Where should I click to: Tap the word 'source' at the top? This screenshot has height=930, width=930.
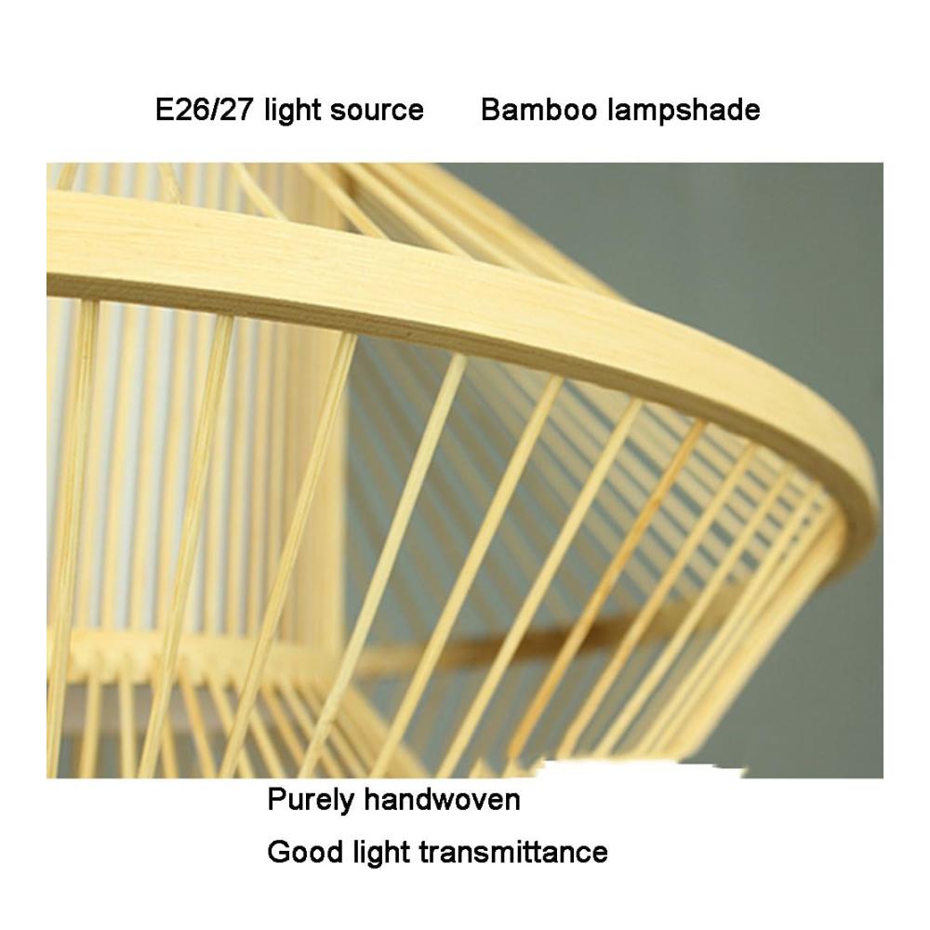[x=377, y=111]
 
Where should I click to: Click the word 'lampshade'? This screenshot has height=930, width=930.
[x=685, y=111]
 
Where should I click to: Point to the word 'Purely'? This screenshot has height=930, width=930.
[x=311, y=800]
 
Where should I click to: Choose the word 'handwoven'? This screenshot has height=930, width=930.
[x=443, y=799]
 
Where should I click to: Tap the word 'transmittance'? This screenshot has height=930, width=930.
[x=513, y=852]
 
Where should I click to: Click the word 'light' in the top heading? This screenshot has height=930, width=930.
[x=291, y=111]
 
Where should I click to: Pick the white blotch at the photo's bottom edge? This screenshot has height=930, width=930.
[x=641, y=770]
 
